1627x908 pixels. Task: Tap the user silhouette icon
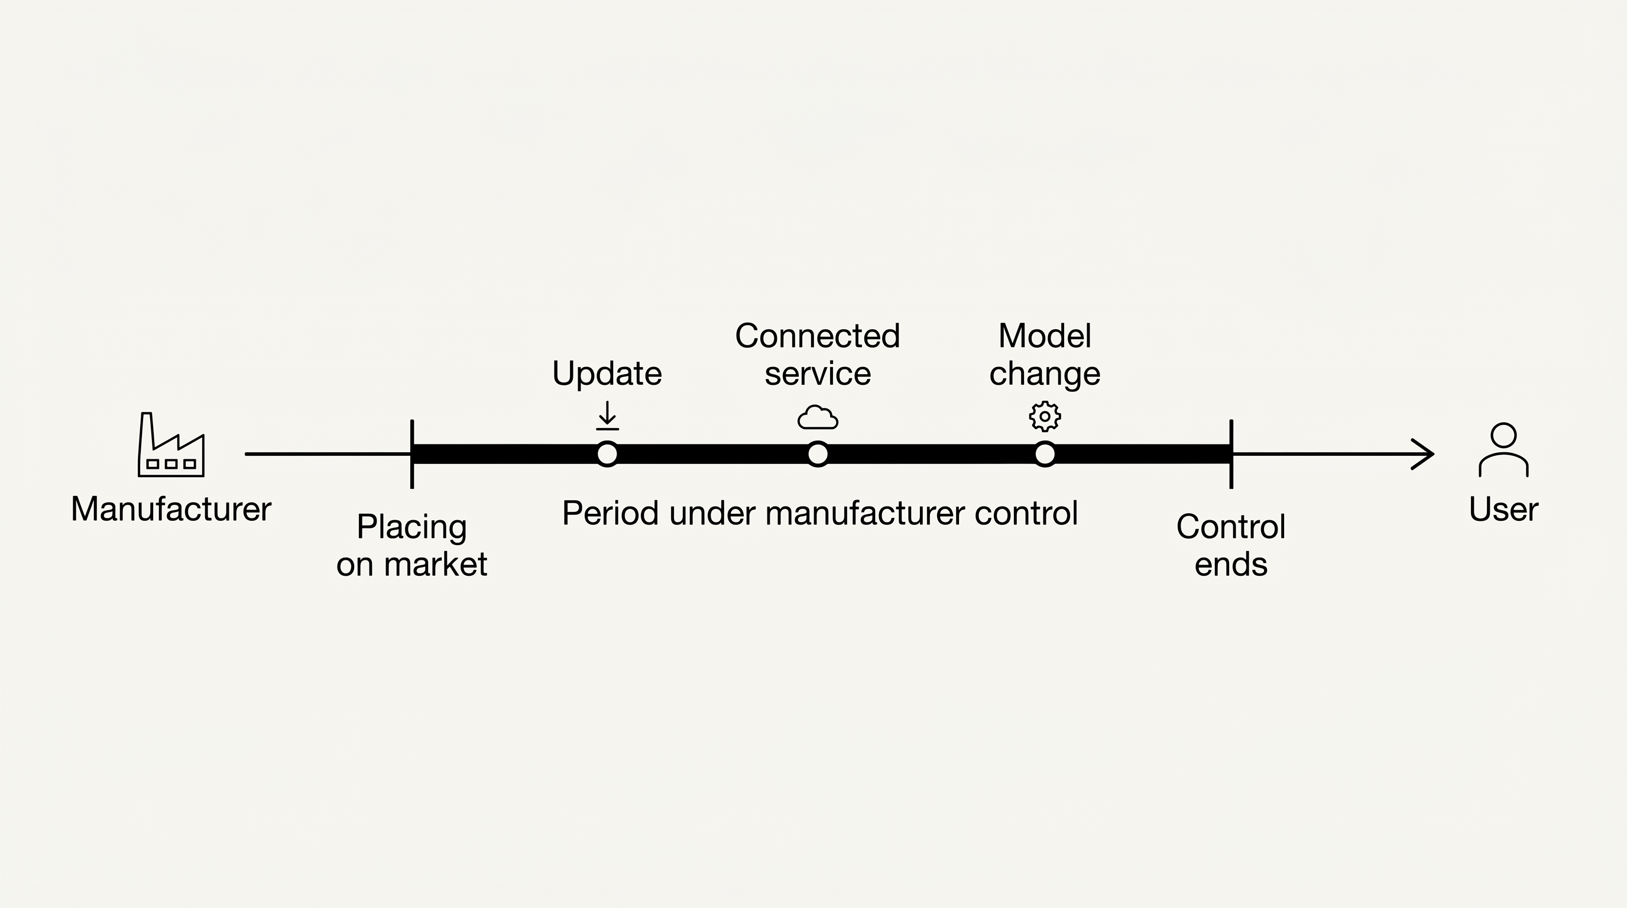coord(1503,450)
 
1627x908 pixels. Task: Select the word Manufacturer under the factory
coord(171,509)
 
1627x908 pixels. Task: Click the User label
coord(1503,509)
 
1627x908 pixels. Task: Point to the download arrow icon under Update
coord(607,416)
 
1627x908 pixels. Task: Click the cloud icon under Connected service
coord(818,417)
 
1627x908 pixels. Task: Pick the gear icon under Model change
coord(1045,416)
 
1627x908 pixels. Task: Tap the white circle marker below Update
coord(607,454)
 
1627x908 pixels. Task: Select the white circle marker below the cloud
coord(818,454)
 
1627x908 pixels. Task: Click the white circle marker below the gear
coord(1045,454)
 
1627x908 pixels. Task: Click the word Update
coord(607,374)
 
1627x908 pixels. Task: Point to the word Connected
coord(817,335)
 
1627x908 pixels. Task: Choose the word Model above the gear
coord(1045,335)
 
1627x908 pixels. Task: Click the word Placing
coord(412,527)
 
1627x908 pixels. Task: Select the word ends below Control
coord(1231,564)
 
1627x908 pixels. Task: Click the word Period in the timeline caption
coord(610,513)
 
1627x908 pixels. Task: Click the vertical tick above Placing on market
coord(412,454)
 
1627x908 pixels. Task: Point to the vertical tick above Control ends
coord(1231,454)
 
